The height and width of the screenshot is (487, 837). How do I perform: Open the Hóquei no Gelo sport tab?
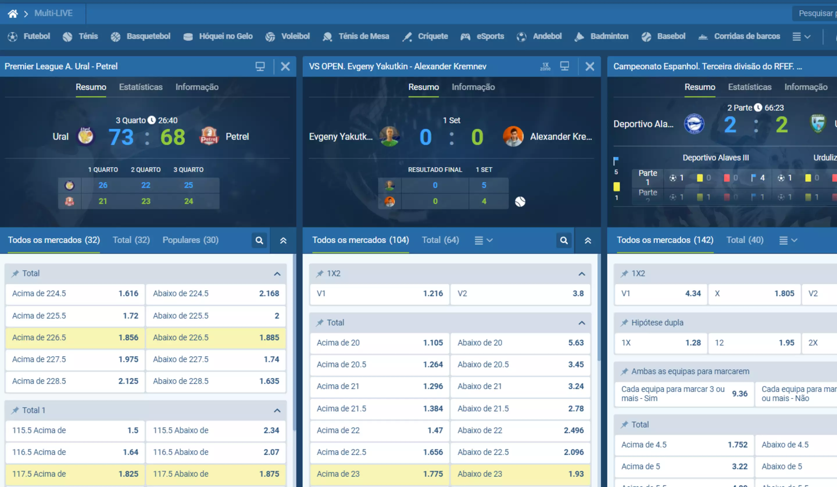218,36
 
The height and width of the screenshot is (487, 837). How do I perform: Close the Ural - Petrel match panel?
285,67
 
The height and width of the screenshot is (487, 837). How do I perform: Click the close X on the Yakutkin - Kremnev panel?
590,67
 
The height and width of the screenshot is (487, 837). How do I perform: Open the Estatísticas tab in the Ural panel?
141,87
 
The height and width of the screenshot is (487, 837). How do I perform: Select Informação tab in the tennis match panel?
473,87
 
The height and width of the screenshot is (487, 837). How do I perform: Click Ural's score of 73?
121,137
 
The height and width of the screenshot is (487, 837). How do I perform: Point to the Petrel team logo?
209,136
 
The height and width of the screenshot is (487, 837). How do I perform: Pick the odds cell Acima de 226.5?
75,338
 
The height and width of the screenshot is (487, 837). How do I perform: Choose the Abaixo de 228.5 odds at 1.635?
216,381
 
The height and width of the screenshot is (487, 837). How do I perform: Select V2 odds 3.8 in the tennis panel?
520,294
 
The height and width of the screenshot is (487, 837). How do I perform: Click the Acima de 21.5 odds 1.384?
379,408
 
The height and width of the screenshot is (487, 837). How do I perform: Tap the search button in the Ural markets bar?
259,240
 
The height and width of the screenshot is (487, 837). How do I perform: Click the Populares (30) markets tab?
190,240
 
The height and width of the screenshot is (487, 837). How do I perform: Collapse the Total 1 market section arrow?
277,411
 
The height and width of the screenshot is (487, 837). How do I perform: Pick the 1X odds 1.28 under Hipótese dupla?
661,343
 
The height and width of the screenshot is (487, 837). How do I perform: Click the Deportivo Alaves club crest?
694,124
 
